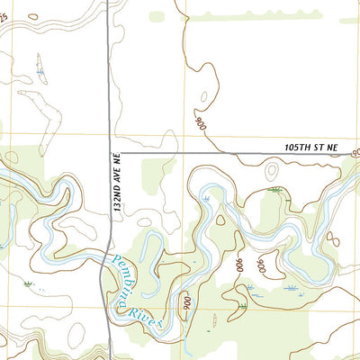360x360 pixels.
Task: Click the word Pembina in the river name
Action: coord(128,277)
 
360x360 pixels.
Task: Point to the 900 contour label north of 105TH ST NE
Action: coord(199,121)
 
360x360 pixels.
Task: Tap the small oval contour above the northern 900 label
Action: coord(203,96)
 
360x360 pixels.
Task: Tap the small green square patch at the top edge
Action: coord(157,16)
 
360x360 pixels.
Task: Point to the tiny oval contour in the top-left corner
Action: coord(32,16)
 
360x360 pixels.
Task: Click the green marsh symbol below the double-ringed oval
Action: coord(274,190)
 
